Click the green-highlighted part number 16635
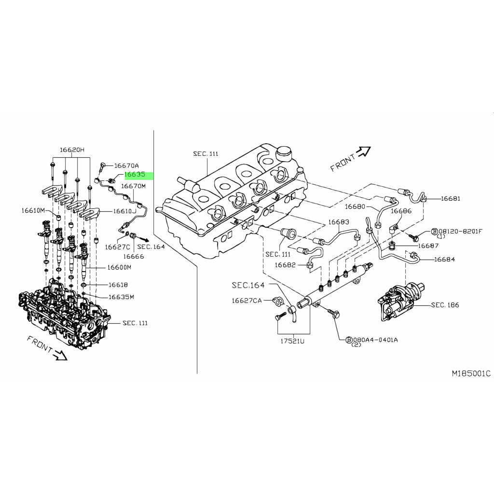click(135, 174)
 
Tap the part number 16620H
click(72, 150)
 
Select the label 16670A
click(126, 165)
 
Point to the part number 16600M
click(119, 267)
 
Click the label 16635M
click(121, 297)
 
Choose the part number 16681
click(450, 198)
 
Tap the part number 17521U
click(292, 341)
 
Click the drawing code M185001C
click(471, 373)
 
